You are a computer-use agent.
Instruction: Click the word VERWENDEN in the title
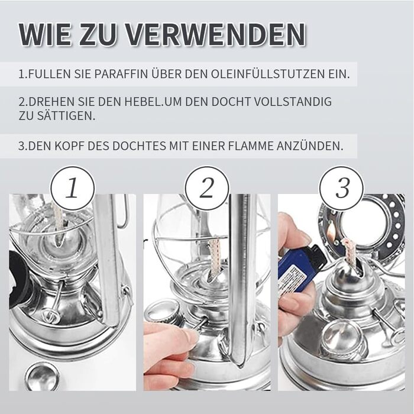[x=215, y=34]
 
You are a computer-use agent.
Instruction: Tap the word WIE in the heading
[x=44, y=34]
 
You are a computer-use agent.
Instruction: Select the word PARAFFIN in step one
[x=121, y=74]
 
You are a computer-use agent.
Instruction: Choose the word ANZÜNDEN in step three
[x=310, y=145]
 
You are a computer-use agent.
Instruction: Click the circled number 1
[x=72, y=188]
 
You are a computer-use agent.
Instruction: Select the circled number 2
[x=207, y=188]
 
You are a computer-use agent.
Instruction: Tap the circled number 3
[x=341, y=188]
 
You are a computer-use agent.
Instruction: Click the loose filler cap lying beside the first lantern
[x=42, y=377]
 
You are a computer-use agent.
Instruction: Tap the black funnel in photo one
[x=19, y=280]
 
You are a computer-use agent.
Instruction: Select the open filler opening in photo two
[x=163, y=312]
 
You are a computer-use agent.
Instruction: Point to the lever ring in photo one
[x=50, y=315]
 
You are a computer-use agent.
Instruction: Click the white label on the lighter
[x=293, y=279]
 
